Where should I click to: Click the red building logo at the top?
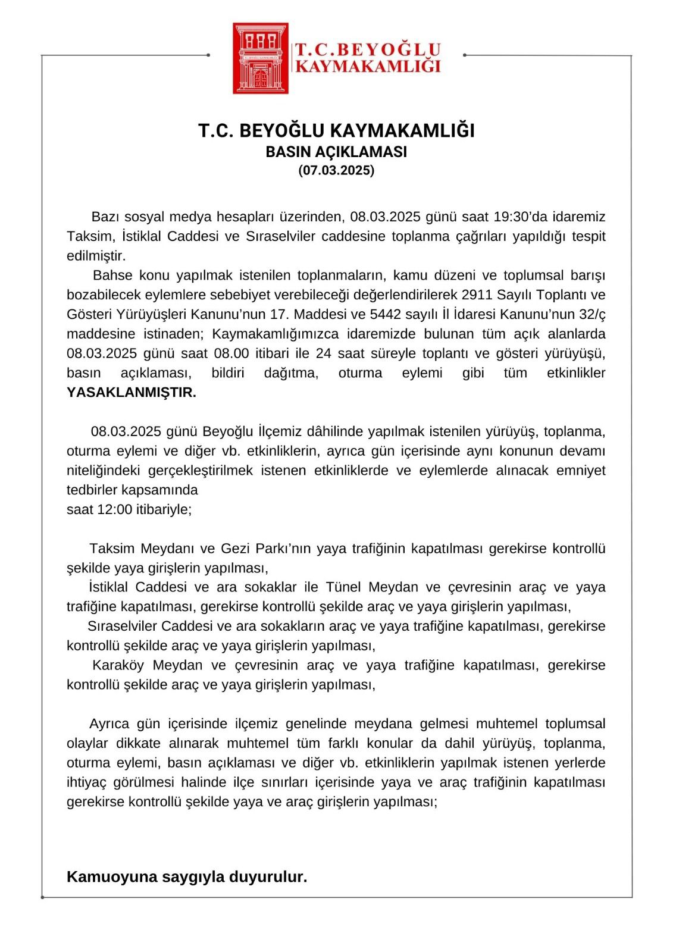point(261,58)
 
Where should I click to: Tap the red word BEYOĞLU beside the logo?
point(387,49)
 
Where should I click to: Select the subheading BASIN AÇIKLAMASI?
point(336,152)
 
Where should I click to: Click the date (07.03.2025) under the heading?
point(336,171)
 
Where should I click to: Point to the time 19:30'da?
point(521,217)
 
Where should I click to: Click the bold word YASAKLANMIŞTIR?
point(132,393)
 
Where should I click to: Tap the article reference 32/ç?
point(592,314)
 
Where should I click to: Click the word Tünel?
point(344,588)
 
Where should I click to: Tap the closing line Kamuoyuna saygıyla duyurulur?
point(187,877)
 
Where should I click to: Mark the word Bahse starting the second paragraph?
point(112,275)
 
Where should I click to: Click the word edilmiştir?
point(96,256)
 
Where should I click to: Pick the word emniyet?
point(581,471)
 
